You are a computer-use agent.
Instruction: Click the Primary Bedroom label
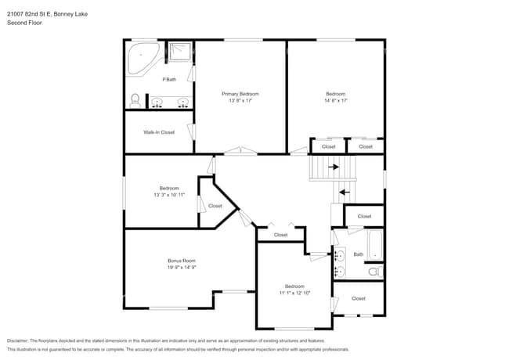coord(240,94)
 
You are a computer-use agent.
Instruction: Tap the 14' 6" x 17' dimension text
coord(335,100)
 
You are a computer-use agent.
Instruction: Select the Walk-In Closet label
coord(159,132)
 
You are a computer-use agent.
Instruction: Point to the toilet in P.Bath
coord(135,100)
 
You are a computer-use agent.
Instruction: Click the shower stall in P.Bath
coord(180,51)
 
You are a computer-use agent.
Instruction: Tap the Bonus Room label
coord(182,261)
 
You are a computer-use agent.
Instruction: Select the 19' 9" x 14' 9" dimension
coord(182,268)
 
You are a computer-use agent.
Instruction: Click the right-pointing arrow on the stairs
coord(334,167)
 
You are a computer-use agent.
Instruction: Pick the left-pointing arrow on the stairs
coord(343,190)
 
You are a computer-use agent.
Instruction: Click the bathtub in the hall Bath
coord(375,245)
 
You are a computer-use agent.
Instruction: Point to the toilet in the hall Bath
coord(375,272)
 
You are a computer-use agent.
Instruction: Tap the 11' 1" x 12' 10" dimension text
coord(294,293)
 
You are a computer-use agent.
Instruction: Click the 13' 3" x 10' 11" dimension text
coord(169,194)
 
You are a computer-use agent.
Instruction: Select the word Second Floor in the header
coord(24,23)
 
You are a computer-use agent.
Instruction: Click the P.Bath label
coord(169,80)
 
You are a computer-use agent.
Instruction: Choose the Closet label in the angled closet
coord(215,206)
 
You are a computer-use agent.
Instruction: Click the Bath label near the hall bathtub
coord(359,254)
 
